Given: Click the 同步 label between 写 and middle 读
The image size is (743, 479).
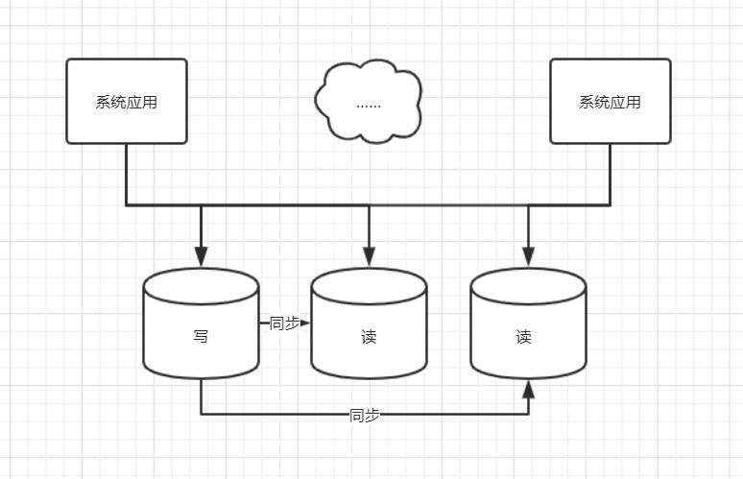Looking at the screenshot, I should (x=284, y=323).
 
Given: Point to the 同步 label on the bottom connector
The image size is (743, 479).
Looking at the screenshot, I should (x=365, y=415).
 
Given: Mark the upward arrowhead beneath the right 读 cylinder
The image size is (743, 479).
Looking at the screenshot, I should (x=528, y=388).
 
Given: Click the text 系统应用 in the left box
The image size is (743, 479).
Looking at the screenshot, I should (x=126, y=103).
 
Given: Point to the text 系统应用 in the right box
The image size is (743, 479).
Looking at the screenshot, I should (x=610, y=103).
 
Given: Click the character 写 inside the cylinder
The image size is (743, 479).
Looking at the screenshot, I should (x=201, y=337).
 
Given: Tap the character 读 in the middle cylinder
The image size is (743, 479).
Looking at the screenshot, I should (x=369, y=337).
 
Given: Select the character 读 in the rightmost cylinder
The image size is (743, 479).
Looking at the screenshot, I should (x=523, y=337).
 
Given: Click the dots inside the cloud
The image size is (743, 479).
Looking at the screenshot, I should (x=369, y=104).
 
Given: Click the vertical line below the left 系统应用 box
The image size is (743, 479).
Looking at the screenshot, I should (x=126, y=174).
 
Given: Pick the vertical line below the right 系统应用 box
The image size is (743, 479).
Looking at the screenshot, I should (x=610, y=174).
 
